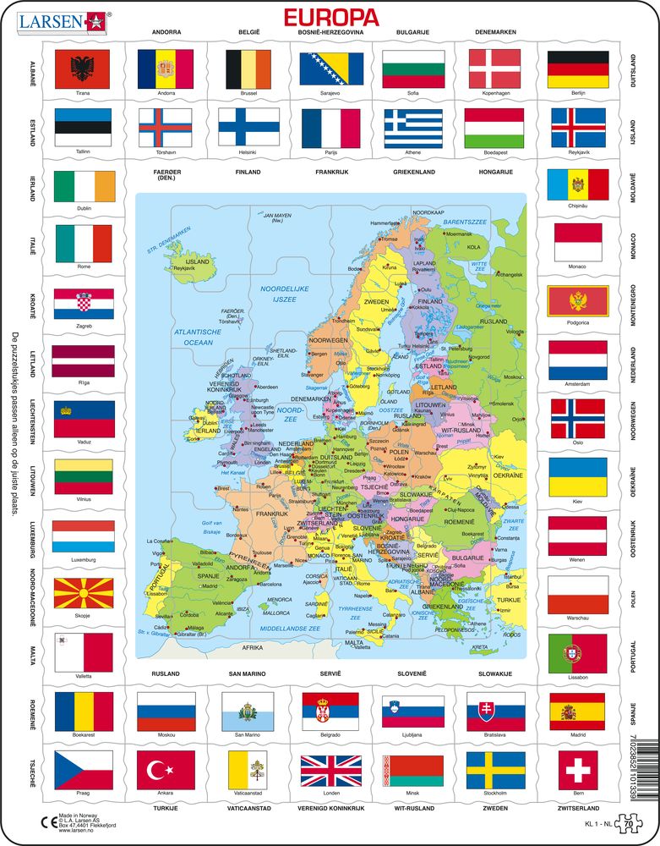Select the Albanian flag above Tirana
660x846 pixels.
pyautogui.click(x=83, y=69)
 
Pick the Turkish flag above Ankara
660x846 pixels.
pyautogui.click(x=165, y=770)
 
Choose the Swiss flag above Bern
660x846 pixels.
pyautogui.click(x=578, y=770)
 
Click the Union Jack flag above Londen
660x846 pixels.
pyautogui.click(x=330, y=770)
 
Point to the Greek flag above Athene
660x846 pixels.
pyautogui.click(x=413, y=128)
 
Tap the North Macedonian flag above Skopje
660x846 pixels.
pyautogui.click(x=83, y=597)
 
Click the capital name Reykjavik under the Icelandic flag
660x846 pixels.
pyautogui.click(x=578, y=153)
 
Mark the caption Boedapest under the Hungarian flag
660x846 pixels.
pyautogui.click(x=496, y=153)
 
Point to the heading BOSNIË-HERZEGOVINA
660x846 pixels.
pyautogui.click(x=331, y=33)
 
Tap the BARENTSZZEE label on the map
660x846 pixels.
pyautogui.click(x=466, y=222)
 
